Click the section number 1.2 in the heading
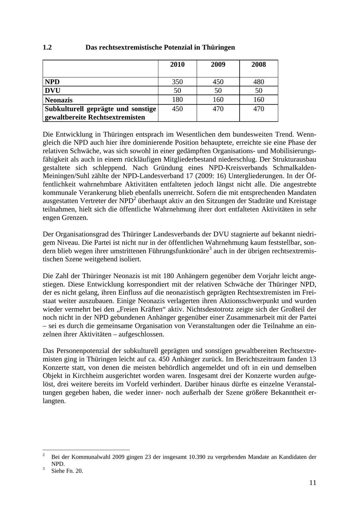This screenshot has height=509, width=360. click(x=47, y=48)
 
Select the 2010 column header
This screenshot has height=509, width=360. click(x=177, y=65)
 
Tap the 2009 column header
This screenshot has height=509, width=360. click(x=218, y=65)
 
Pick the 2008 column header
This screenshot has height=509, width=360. click(x=258, y=65)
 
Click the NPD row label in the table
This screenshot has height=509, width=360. click(x=52, y=82)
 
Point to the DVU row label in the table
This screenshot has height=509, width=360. click(x=53, y=90)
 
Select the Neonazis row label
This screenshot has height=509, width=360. click(x=59, y=100)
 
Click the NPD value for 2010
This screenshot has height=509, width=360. click(x=177, y=82)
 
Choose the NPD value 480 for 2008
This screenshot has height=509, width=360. click(x=258, y=82)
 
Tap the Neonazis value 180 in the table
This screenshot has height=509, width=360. click(x=177, y=100)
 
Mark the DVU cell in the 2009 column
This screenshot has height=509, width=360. click(x=218, y=90)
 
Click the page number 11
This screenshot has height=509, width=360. click(x=312, y=483)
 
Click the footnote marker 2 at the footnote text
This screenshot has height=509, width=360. click(x=44, y=455)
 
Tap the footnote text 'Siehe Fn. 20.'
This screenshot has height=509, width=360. click(x=67, y=471)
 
